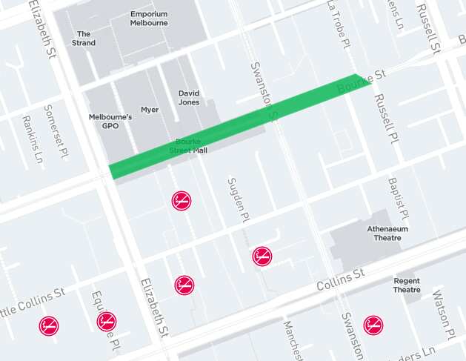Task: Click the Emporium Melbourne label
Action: [149, 18]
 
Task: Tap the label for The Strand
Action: [84, 39]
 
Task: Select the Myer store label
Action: [150, 110]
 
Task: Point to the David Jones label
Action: [189, 98]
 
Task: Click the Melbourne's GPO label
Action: [110, 121]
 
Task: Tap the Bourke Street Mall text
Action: [188, 145]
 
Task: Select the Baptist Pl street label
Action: [398, 198]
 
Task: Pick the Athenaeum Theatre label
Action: [387, 233]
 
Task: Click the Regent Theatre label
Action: [407, 285]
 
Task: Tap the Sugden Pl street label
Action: [236, 200]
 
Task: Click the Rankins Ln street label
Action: [32, 140]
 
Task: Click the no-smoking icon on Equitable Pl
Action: [107, 321]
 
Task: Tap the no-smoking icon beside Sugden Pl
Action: [262, 256]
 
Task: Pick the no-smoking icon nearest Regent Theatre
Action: [373, 325]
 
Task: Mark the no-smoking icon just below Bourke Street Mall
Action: [182, 200]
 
